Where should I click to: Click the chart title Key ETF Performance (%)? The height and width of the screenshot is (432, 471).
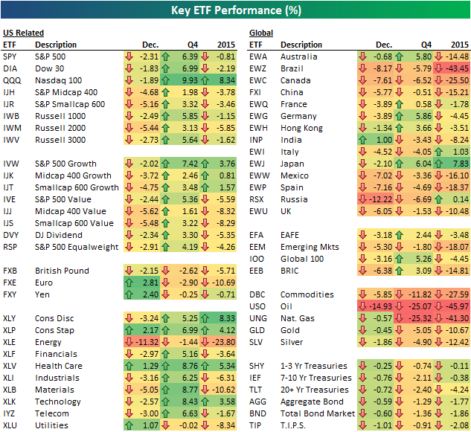(234, 10)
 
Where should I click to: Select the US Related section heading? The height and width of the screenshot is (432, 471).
(23, 33)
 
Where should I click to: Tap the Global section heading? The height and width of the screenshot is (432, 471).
(260, 33)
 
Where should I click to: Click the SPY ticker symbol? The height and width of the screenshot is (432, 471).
(11, 57)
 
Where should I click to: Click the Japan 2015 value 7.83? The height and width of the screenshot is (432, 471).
(457, 164)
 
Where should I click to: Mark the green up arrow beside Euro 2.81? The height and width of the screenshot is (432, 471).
(129, 283)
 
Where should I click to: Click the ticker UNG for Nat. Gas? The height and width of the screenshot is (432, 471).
(259, 318)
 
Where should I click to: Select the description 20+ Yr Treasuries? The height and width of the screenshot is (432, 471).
(314, 390)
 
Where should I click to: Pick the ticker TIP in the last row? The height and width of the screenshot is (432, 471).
(256, 425)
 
